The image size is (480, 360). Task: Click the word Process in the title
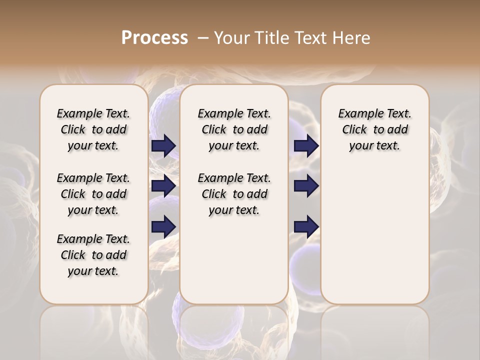tap(154, 37)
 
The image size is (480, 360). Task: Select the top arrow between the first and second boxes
tap(163, 146)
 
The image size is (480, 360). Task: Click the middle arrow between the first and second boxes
tap(163, 186)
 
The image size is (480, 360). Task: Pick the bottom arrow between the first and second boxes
tap(163, 227)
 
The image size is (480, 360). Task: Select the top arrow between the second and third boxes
tap(306, 146)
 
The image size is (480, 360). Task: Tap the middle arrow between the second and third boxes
tap(306, 186)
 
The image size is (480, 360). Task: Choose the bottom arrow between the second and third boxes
tap(306, 227)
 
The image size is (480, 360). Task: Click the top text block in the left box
tap(93, 129)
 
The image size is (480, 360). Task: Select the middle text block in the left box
tap(93, 194)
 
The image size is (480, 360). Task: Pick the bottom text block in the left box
tap(93, 255)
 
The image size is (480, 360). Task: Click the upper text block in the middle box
tap(234, 129)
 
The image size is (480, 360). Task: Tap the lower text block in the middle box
tap(234, 194)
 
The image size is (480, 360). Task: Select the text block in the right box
tap(374, 129)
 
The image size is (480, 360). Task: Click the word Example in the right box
tap(358, 114)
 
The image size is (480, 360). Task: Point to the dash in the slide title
tap(203, 37)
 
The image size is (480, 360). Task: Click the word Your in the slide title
tap(231, 37)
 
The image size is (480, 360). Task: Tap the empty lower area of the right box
tap(374, 240)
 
